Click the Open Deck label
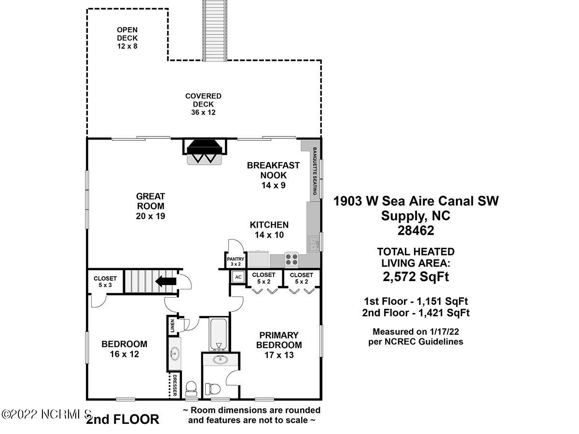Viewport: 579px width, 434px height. (127, 38)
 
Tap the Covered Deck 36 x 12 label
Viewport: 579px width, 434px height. (203, 104)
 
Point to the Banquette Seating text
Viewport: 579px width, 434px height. (315, 171)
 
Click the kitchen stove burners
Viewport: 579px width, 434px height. (291, 259)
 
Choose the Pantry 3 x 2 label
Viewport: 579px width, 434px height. (235, 261)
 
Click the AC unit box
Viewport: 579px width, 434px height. (238, 277)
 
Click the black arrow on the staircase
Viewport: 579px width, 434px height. (165, 282)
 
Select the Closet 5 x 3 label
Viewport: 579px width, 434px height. (105, 282)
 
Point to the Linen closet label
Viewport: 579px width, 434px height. (173, 326)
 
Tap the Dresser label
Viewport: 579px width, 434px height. (174, 385)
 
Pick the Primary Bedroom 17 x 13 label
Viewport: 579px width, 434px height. (279, 345)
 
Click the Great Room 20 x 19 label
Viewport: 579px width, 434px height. (151, 206)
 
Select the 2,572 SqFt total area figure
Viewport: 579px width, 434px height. (416, 277)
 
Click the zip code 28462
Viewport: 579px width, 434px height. (416, 231)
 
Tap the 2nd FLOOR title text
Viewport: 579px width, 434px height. (123, 419)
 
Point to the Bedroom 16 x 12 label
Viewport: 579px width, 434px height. (124, 349)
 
